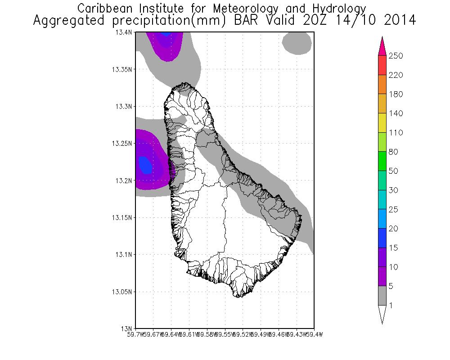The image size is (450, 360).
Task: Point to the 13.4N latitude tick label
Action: point(124,32)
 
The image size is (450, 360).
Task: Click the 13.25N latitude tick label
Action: point(122,144)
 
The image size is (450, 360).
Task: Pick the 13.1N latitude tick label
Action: point(124,254)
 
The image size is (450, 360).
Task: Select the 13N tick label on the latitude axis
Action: point(127,328)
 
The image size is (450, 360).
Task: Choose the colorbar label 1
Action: point(391,306)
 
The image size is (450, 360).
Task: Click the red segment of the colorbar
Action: point(382,65)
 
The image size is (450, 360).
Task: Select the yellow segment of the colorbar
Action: point(382,123)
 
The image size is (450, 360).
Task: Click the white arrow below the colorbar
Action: point(382,314)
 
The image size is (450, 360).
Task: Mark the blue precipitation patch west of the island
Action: point(145,165)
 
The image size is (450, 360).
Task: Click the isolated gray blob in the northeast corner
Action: point(297,44)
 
